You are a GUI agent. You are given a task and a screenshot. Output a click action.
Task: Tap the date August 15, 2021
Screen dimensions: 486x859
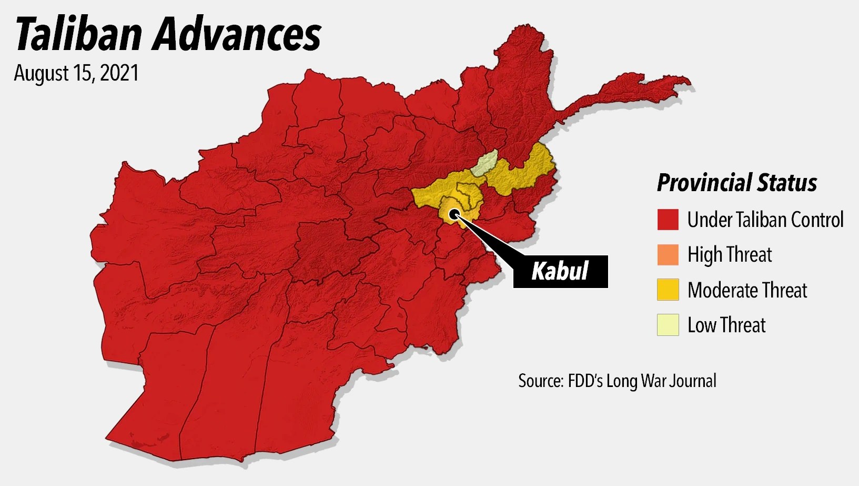tap(76, 73)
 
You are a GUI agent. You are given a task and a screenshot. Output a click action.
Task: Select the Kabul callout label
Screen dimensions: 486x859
tap(560, 271)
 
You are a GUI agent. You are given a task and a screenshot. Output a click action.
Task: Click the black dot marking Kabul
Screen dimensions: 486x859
tap(454, 214)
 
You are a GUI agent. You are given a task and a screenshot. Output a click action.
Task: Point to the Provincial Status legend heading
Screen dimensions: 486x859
tap(736, 183)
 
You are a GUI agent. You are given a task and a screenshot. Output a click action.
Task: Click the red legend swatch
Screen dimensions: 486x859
tap(668, 220)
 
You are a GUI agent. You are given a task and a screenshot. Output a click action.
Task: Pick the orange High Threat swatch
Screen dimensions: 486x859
tap(668, 255)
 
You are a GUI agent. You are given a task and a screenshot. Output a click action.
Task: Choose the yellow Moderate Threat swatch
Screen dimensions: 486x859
tap(668, 290)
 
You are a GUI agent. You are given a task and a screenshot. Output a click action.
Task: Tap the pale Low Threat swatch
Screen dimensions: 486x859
tap(668, 325)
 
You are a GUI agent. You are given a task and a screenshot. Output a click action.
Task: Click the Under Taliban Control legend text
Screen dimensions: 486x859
tap(765, 220)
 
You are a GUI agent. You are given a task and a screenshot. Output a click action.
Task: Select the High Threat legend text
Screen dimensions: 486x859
tap(729, 255)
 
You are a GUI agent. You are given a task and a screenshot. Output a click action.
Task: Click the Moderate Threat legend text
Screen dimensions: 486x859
tap(747, 290)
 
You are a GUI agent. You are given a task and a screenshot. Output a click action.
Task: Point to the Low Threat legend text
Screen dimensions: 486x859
tap(726, 325)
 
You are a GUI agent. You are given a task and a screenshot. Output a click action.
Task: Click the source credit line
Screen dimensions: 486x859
tap(617, 381)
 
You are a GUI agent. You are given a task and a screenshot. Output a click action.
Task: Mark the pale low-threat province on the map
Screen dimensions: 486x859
tap(484, 164)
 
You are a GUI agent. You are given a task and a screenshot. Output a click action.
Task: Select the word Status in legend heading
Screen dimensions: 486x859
tap(787, 183)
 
